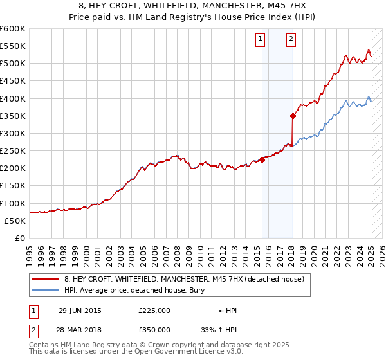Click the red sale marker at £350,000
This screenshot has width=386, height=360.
tap(293, 116)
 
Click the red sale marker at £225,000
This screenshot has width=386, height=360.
tap(262, 160)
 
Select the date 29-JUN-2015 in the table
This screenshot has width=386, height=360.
tap(80, 310)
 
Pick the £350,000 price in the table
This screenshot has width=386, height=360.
tap(154, 330)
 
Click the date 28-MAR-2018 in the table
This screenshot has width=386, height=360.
tap(80, 330)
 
